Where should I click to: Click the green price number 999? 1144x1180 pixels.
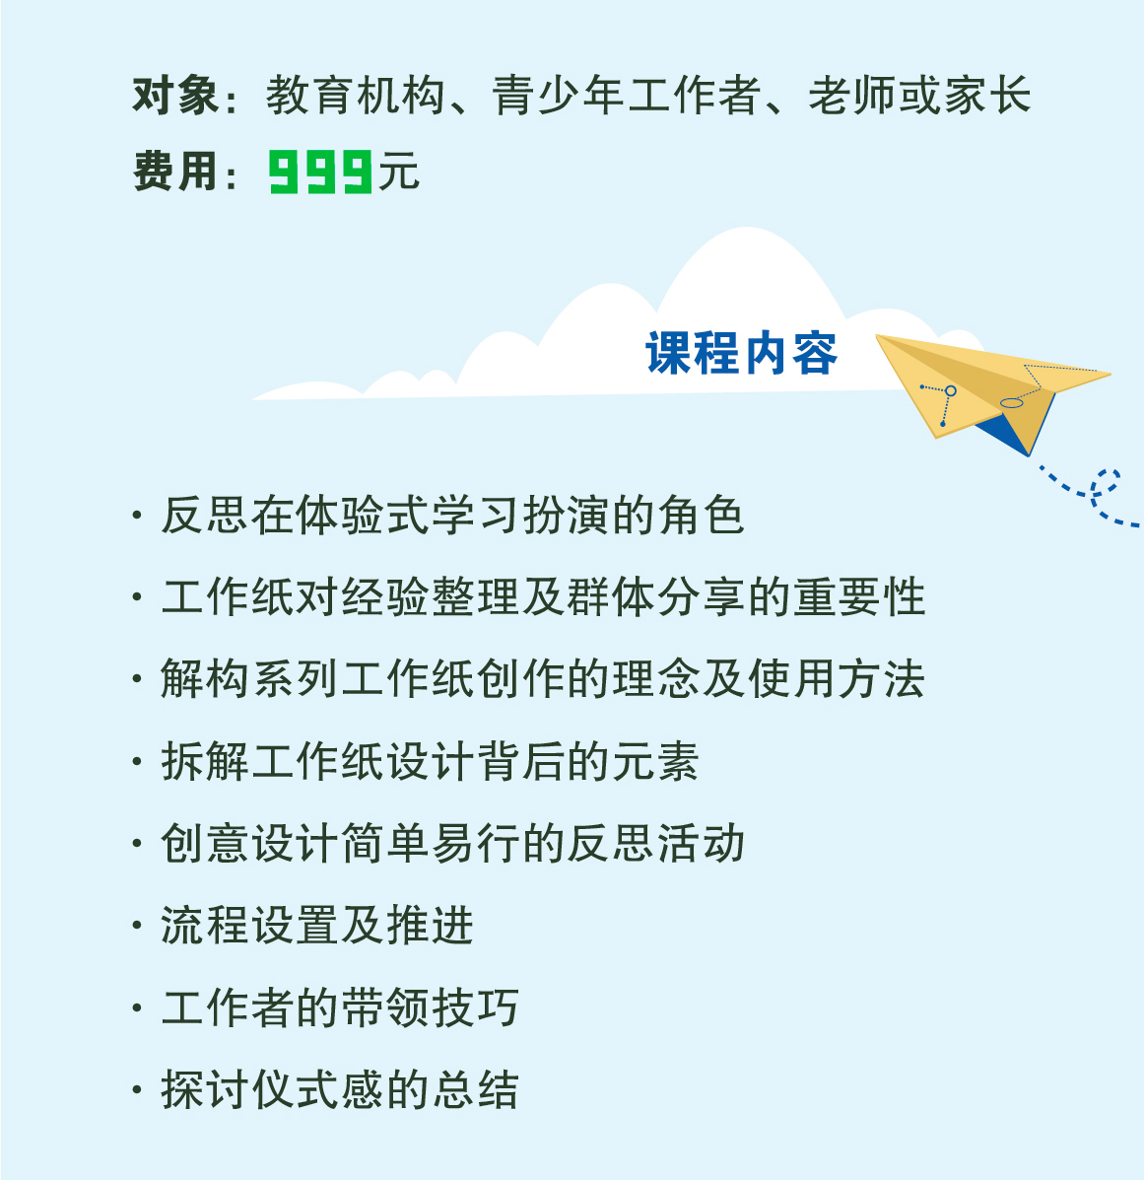tap(320, 172)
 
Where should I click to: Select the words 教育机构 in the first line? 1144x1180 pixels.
tap(355, 96)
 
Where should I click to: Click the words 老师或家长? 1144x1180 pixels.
tap(919, 96)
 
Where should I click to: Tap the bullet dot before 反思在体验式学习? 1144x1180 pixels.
tap(137, 516)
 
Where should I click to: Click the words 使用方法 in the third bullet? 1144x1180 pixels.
tap(836, 679)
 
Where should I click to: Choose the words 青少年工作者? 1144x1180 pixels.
tap(627, 96)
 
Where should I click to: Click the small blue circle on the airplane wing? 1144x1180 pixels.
tap(951, 391)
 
